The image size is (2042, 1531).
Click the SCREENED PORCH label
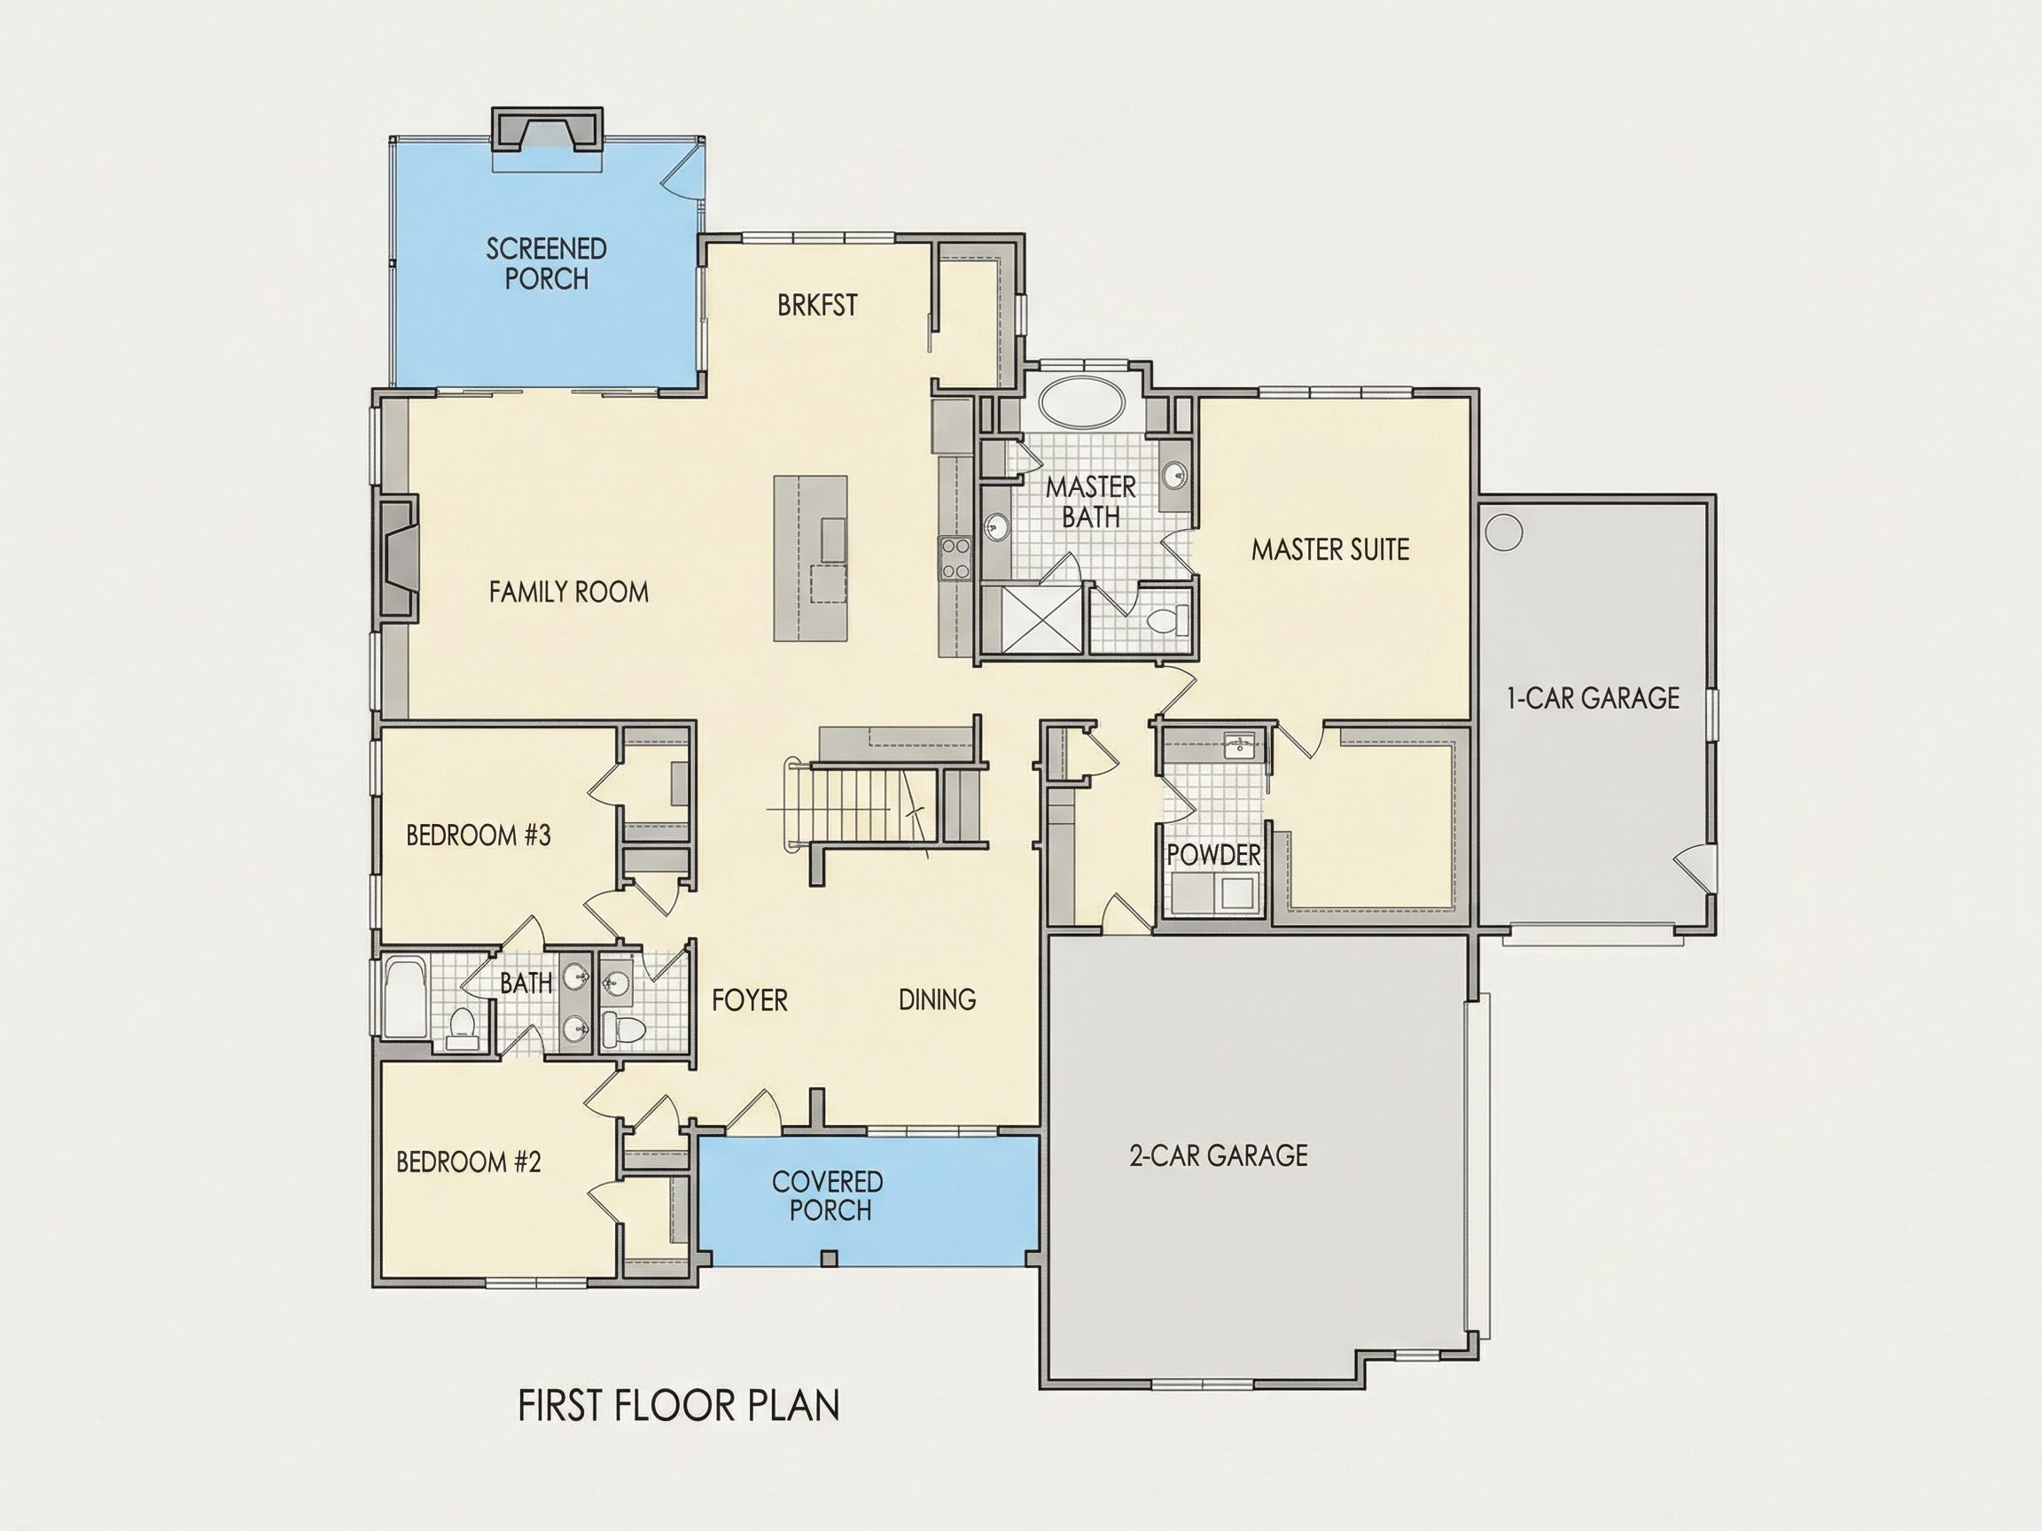pos(547,263)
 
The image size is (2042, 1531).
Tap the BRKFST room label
pos(817,305)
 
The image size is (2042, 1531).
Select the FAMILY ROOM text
pos(569,592)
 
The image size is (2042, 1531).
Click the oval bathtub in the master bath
pos(1083,403)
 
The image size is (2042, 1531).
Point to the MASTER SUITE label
pos(1330,550)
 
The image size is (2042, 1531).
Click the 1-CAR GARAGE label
pos(1593,697)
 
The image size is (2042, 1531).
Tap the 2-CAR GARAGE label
pos(1219,1155)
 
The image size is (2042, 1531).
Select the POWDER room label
pos(1213,856)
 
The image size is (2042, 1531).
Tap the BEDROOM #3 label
pos(479,835)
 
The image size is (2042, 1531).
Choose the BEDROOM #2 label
pos(468,1161)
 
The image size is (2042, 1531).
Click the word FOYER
pos(750,999)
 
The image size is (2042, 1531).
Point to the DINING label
pos(937,999)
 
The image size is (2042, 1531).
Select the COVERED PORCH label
pos(828,1195)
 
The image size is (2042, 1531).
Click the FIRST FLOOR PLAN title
pos(679,1405)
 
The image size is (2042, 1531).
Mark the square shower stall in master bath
pos(1033,618)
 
